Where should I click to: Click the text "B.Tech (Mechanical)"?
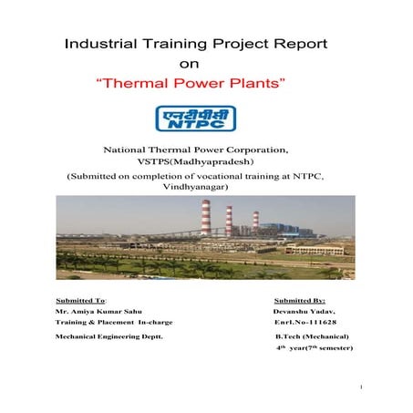[x=312, y=337]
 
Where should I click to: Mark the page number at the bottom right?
[x=363, y=388]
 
